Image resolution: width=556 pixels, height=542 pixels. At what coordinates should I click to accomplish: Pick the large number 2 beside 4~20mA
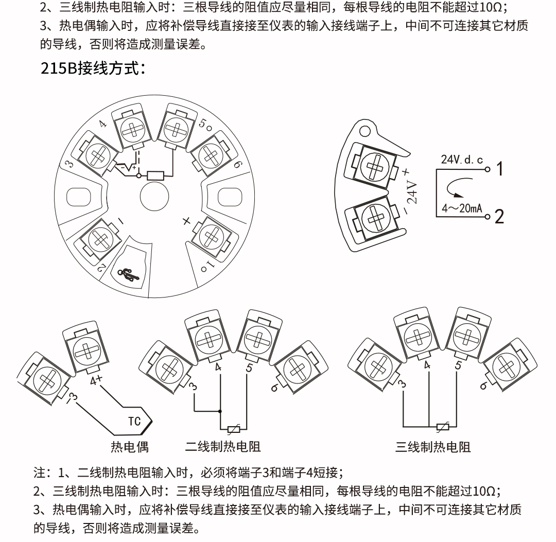(499, 217)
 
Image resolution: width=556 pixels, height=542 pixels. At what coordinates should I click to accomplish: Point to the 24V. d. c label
(461, 159)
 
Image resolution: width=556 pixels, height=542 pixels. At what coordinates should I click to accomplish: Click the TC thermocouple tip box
(136, 422)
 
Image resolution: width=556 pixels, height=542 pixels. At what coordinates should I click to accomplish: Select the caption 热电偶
(130, 447)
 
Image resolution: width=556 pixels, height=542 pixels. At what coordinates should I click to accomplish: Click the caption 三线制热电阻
(433, 447)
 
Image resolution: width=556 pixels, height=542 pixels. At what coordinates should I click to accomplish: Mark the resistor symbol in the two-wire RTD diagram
(234, 428)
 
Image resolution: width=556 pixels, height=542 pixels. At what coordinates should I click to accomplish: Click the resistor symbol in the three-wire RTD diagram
(442, 426)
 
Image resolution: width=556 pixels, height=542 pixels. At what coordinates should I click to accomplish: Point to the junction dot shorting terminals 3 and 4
(220, 411)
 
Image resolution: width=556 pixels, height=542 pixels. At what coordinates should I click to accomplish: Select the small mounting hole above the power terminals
(365, 131)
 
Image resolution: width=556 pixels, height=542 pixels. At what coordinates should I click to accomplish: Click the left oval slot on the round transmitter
(80, 197)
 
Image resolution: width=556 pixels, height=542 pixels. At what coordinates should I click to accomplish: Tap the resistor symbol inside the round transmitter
(155, 176)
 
